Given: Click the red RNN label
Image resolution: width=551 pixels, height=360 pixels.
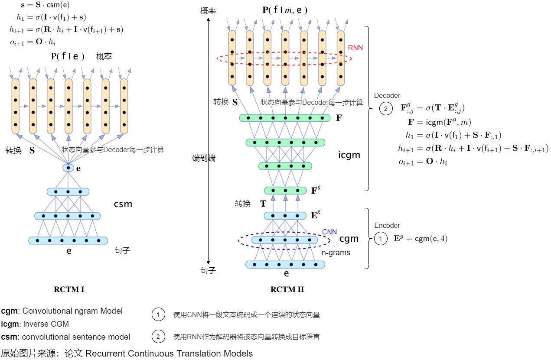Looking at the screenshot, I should point(355,48).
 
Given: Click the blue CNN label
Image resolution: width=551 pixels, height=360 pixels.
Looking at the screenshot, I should point(329,232).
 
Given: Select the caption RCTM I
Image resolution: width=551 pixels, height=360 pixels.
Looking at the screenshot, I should point(69,289).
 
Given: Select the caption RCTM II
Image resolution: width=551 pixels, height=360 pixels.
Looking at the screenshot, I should point(287,289).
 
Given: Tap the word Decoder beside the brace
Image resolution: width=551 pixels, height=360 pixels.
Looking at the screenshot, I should point(387,95).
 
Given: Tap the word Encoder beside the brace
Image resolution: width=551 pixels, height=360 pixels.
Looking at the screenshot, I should point(387,225).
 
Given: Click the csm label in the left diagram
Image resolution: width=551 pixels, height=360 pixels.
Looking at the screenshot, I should point(123,204).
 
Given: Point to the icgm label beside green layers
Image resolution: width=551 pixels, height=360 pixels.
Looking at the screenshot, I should point(349,155).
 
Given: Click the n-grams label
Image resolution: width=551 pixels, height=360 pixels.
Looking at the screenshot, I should point(336,252).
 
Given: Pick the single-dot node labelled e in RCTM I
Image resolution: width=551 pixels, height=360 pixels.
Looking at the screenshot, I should point(68,168).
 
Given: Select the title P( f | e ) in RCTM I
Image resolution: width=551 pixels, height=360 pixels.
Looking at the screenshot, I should point(67,56).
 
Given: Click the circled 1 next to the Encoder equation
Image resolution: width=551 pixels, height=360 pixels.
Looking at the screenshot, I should point(380,239).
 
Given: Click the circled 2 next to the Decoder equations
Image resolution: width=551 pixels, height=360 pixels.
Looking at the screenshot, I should point(385,108).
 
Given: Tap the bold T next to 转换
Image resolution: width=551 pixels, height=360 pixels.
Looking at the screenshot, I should point(263,204).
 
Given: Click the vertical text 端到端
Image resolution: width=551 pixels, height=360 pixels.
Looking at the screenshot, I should point(203,158).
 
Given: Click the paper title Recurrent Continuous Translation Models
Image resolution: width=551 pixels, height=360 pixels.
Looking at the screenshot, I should point(169,354).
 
